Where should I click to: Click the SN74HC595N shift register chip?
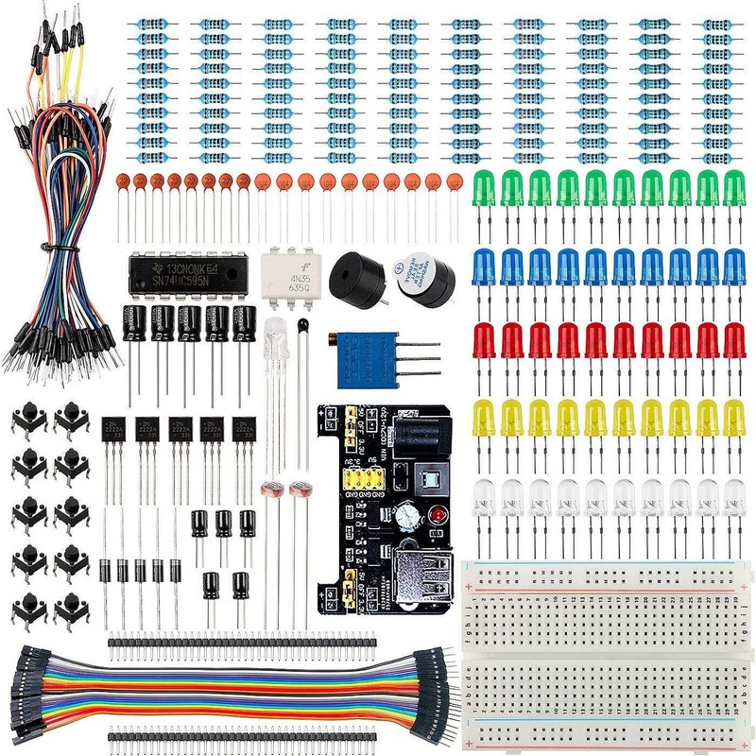[187, 273]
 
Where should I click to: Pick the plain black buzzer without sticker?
[357, 276]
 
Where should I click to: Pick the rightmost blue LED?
[733, 266]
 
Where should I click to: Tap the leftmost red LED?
[484, 339]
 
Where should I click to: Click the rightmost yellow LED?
[733, 417]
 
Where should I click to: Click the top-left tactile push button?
[28, 417]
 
